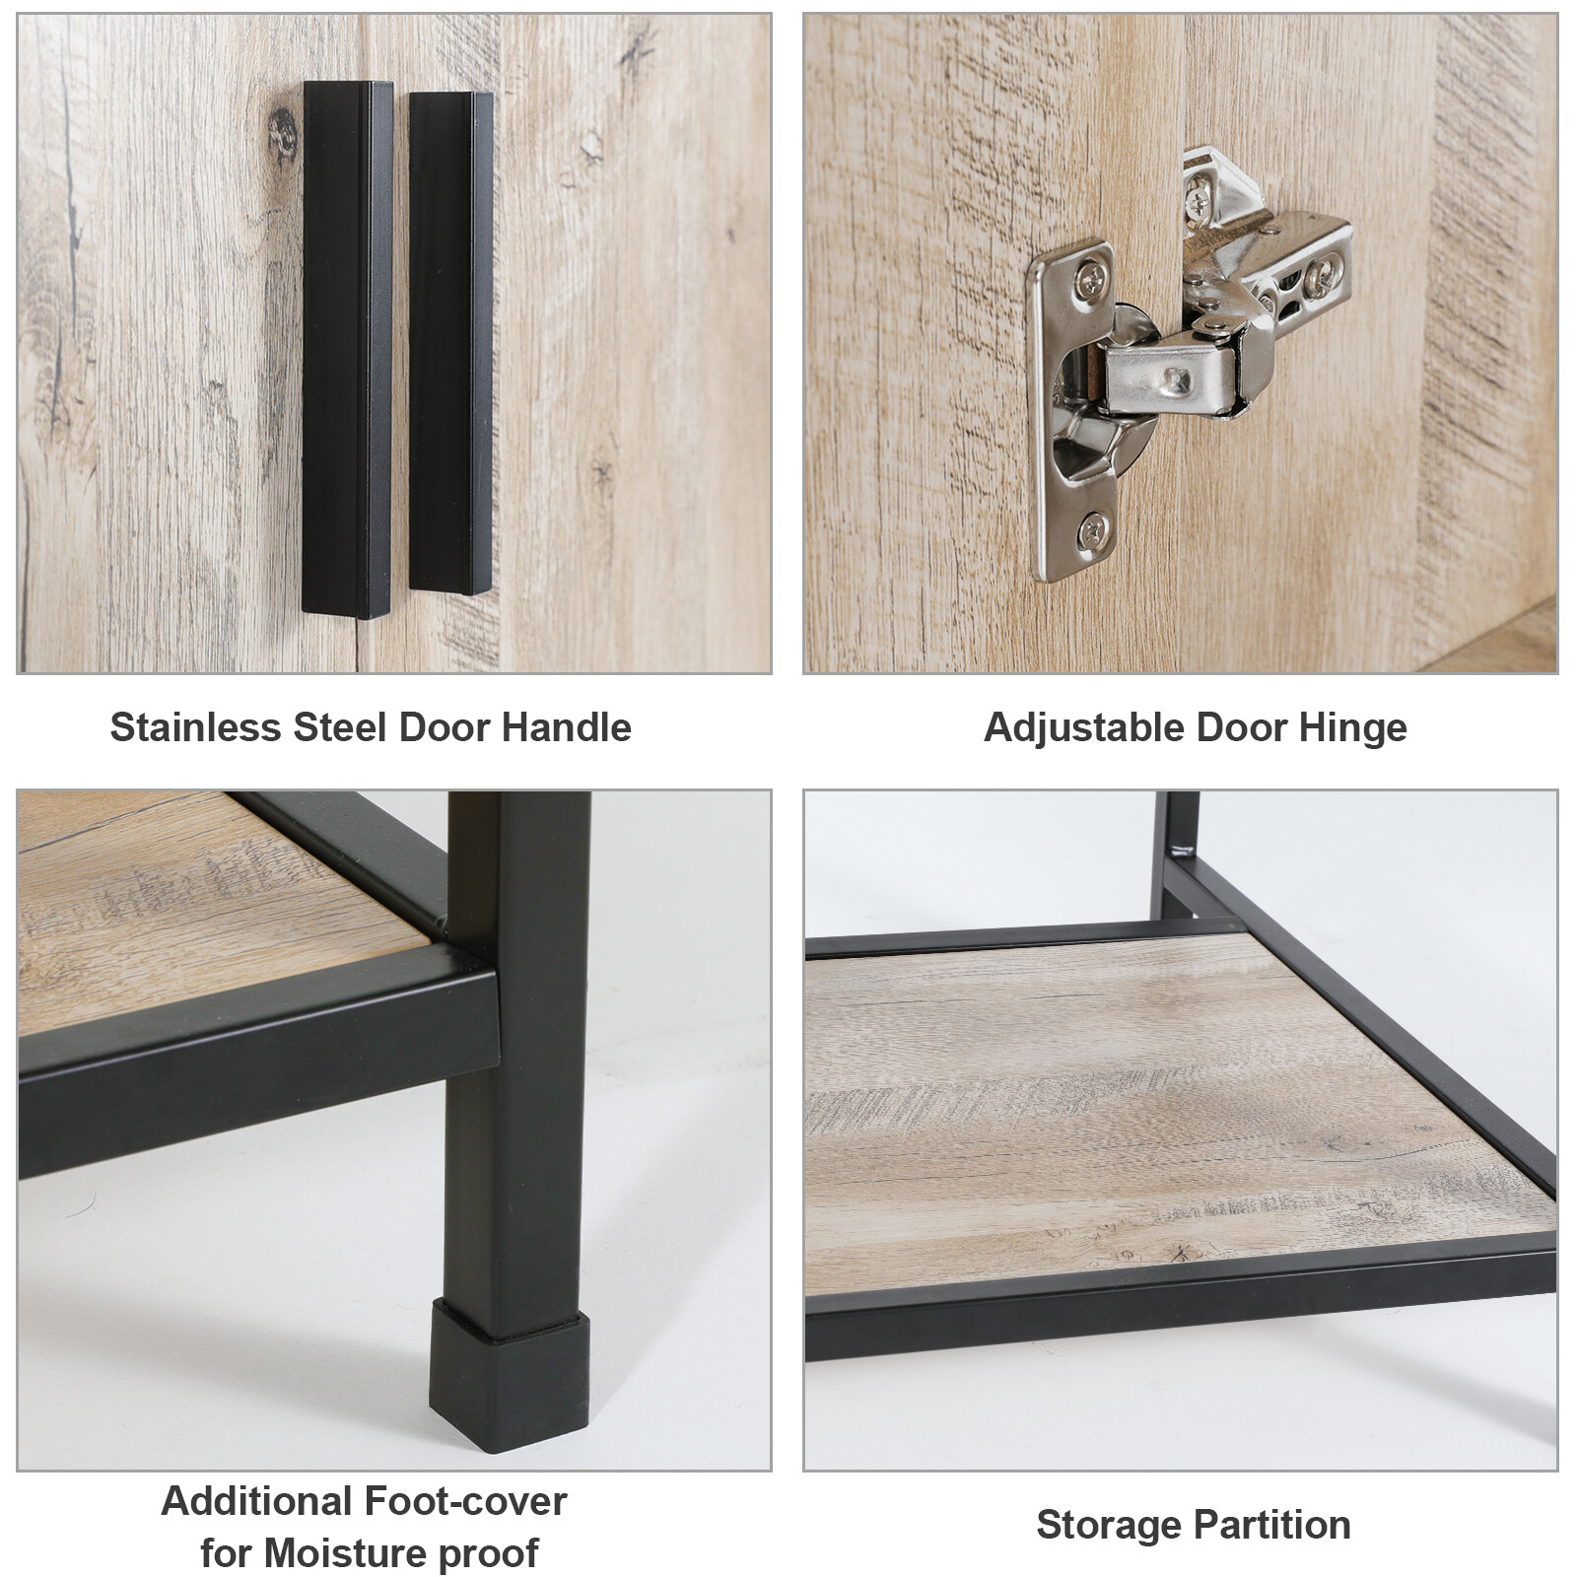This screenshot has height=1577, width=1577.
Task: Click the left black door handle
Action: pyautogui.click(x=347, y=349)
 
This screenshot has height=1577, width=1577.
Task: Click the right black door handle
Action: pyautogui.click(x=450, y=343)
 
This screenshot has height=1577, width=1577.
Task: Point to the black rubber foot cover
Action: pyautogui.click(x=509, y=1377)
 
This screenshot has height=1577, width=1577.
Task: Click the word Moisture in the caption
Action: pyautogui.click(x=345, y=1553)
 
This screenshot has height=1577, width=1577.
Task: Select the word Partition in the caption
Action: pyautogui.click(x=1270, y=1525)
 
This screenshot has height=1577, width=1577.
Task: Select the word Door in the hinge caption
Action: pyautogui.click(x=1238, y=728)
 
